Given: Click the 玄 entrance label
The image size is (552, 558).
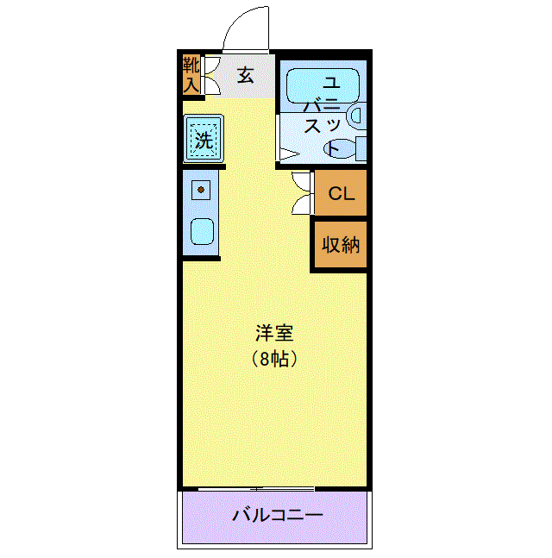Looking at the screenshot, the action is (x=246, y=75).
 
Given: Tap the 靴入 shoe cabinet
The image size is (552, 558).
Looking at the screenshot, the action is (x=191, y=75).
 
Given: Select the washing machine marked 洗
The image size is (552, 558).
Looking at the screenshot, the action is (x=204, y=138).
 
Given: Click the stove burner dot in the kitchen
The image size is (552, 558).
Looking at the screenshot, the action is (x=201, y=190).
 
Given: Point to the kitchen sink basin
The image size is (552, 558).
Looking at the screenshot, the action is (x=202, y=232).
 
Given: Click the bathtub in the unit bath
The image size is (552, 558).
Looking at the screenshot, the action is (x=323, y=86).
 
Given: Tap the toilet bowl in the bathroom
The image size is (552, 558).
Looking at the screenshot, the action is (x=340, y=147).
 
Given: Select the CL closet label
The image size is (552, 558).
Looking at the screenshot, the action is (x=342, y=193).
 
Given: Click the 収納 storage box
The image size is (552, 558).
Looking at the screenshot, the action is (x=341, y=244).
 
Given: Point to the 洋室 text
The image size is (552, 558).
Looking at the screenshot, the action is (x=274, y=334).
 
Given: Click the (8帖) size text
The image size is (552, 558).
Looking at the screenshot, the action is (x=274, y=359).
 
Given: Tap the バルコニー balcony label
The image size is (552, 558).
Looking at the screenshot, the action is (x=278, y=515).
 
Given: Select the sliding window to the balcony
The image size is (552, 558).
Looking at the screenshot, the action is (x=256, y=489).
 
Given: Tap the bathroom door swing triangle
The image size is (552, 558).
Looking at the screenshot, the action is (x=289, y=154).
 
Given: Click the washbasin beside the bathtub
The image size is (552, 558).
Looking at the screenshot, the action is (x=358, y=116).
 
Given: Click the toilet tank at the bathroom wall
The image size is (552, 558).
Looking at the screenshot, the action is (x=361, y=148).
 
